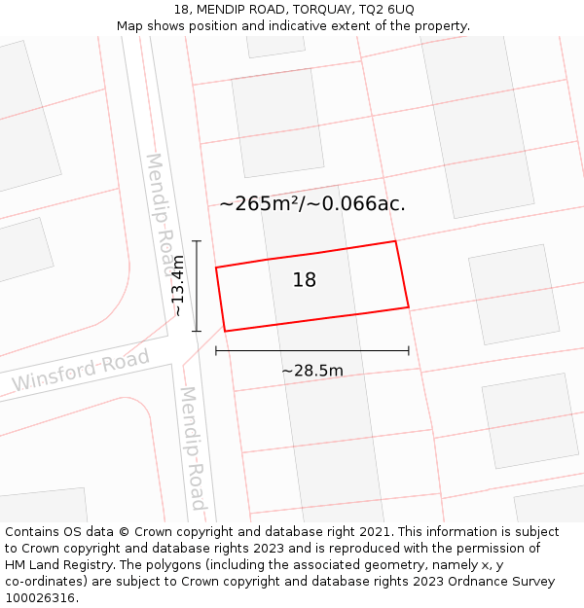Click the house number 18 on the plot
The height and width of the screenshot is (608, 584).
tap(305, 280)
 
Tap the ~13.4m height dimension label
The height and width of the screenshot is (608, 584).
tap(177, 285)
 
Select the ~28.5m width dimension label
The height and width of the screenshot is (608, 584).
tap(312, 371)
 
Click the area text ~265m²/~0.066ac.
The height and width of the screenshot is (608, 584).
tap(312, 203)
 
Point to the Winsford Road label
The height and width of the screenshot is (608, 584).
tap(81, 370)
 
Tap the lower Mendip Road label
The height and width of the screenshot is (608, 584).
tap(193, 448)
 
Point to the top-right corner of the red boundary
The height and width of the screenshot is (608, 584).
tap(395, 241)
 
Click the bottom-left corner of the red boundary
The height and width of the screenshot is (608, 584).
tap(226, 332)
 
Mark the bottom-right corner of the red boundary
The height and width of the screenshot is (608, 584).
tap(409, 307)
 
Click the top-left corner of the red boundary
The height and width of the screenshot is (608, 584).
tap(216, 267)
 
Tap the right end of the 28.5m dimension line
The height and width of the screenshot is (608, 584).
tap(409, 350)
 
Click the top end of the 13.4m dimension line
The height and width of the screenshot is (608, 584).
tap(197, 241)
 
